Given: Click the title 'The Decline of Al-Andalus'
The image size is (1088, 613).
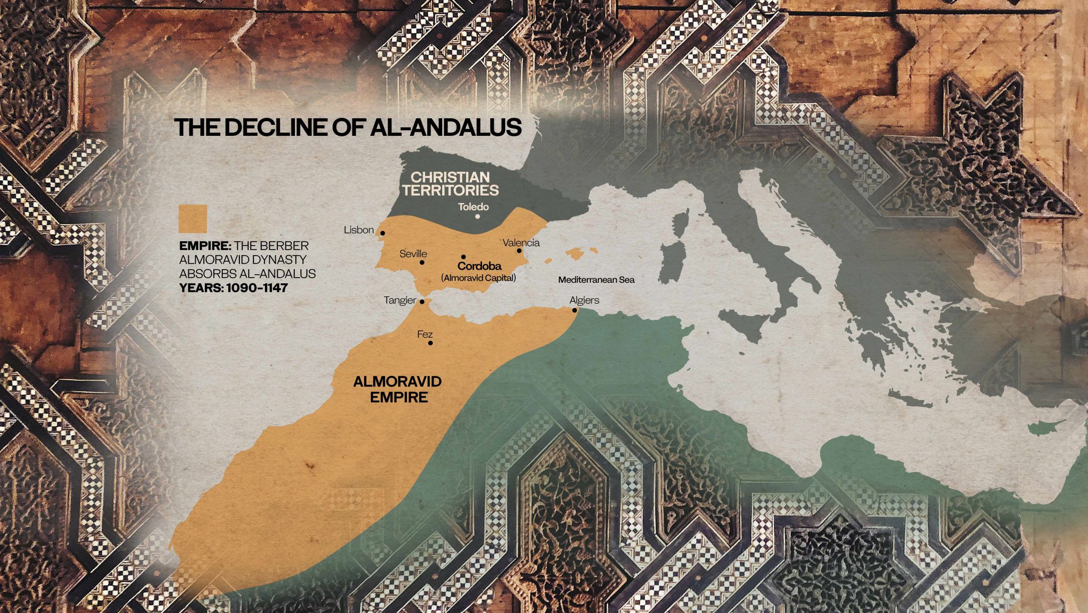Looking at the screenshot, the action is [348, 127].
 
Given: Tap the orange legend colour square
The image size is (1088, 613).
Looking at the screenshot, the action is [193, 219].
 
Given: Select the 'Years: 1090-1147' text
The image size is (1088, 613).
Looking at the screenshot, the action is [233, 288].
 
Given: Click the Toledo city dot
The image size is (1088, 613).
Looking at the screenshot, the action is [478, 217].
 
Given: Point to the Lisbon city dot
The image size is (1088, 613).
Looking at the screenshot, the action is [383, 233].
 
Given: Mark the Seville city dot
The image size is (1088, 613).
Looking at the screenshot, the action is [422, 262].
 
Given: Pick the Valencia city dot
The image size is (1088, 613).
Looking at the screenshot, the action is [519, 251].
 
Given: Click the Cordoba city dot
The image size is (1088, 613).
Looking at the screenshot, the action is [463, 257].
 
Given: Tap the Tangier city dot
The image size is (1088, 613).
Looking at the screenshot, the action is [422, 302].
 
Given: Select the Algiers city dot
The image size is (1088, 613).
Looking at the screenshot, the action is [575, 310].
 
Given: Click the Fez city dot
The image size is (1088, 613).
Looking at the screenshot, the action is [431, 343].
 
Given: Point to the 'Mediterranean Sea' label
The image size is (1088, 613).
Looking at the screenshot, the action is [596, 280].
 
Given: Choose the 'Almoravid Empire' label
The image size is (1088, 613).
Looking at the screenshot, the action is [398, 389].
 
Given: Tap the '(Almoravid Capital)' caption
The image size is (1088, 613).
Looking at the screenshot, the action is [478, 278].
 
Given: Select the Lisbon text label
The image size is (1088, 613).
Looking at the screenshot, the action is [358, 230].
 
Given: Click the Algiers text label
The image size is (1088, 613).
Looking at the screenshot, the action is [584, 300].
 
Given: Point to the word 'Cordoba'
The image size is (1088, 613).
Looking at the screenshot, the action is [479, 266].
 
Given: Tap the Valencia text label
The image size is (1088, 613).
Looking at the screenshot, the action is [521, 243].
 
